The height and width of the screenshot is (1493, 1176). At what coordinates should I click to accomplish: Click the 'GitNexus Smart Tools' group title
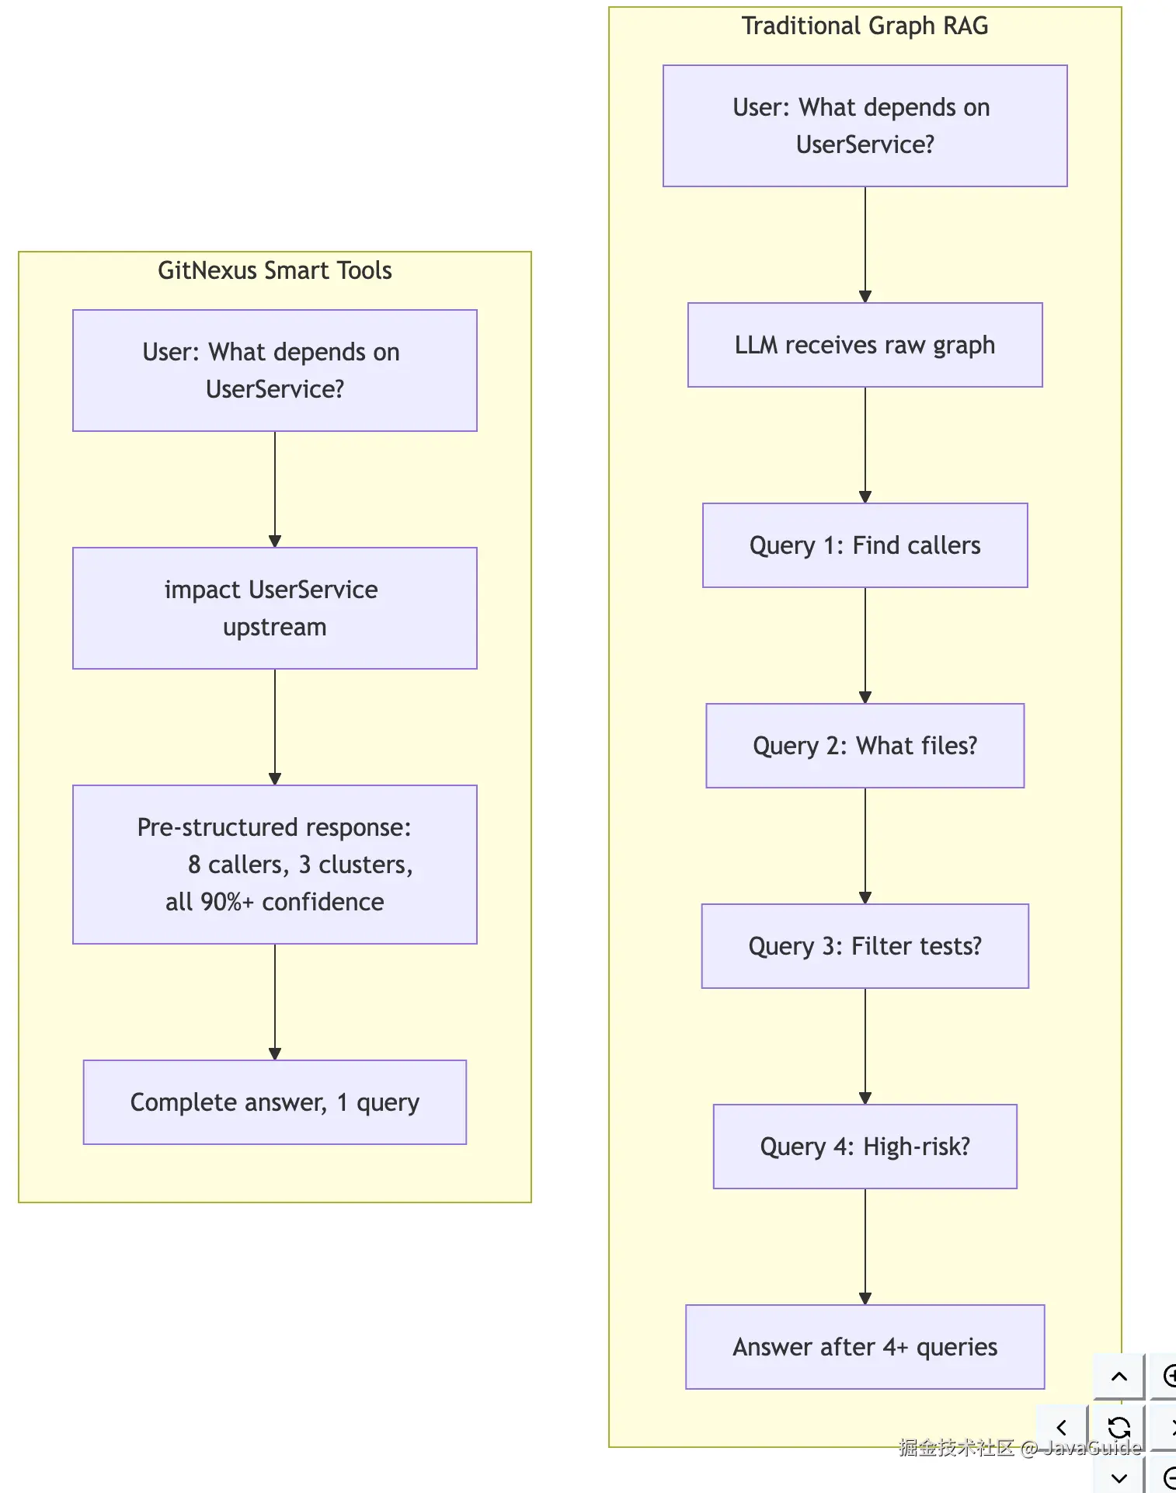(x=275, y=270)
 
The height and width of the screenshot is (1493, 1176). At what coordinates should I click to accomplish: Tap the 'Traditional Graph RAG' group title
(x=865, y=26)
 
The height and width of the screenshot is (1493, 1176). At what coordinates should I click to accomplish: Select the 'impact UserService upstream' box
(x=275, y=608)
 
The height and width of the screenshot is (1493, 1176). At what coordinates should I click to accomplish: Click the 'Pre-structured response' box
(x=275, y=865)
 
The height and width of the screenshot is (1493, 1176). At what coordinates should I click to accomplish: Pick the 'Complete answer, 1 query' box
(x=275, y=1102)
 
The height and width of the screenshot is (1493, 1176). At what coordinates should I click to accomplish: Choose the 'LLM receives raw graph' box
(x=865, y=345)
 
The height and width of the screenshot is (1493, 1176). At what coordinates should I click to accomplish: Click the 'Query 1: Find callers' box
(x=865, y=545)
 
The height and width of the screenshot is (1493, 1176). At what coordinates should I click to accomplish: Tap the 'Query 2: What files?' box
(x=865, y=746)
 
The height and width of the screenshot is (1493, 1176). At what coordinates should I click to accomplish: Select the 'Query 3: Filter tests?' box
(x=865, y=946)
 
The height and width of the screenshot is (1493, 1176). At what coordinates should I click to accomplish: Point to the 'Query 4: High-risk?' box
(x=865, y=1147)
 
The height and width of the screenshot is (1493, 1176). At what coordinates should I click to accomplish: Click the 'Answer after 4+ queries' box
(x=865, y=1347)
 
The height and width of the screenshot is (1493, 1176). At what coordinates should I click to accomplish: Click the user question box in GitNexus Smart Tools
(x=275, y=371)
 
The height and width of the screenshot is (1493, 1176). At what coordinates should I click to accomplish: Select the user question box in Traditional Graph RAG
(x=865, y=126)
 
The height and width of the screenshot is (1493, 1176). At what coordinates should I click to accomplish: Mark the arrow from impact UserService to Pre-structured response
(x=275, y=727)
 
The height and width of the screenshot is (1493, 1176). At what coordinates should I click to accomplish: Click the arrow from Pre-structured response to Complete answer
(x=275, y=1002)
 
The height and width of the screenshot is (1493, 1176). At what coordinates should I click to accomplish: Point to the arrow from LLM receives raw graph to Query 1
(x=865, y=445)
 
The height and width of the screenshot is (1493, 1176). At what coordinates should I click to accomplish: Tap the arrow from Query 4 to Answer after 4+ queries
(x=865, y=1247)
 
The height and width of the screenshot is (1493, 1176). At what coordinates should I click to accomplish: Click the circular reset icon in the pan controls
(x=1119, y=1427)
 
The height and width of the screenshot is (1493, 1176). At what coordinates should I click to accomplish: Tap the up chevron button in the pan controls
(x=1119, y=1376)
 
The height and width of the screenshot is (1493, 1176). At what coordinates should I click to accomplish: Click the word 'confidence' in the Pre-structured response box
(x=323, y=902)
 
